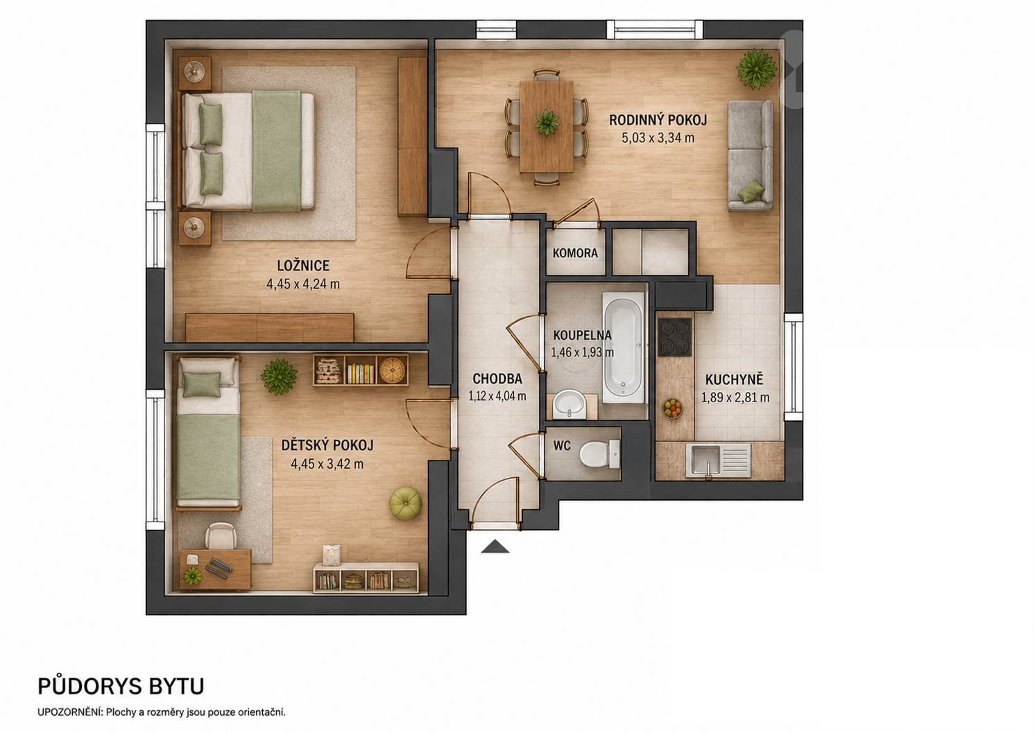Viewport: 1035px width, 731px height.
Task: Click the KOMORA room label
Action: (x=575, y=252)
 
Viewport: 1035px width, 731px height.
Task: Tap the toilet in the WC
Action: (x=599, y=454)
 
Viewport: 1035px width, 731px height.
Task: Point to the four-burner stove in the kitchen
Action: (x=674, y=337)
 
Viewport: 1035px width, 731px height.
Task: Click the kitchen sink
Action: (x=718, y=461)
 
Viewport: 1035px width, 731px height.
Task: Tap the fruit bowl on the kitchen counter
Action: (x=673, y=409)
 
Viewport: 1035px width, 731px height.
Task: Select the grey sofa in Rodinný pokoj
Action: (x=750, y=156)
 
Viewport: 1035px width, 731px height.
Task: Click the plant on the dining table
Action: (x=547, y=123)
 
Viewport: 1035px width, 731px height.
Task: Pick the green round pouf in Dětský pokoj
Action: (x=406, y=504)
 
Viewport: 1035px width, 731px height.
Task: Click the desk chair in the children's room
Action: (x=221, y=537)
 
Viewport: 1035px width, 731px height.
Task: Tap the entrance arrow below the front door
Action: (x=495, y=547)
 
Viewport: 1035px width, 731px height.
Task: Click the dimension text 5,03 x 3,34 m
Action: (x=658, y=138)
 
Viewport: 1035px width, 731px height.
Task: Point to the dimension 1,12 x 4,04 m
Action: (x=497, y=396)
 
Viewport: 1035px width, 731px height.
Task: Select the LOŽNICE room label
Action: (x=303, y=265)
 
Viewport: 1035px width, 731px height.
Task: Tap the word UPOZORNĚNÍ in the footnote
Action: (x=70, y=712)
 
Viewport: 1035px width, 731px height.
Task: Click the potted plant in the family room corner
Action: (x=756, y=69)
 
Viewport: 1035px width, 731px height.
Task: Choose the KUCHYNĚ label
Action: (x=734, y=379)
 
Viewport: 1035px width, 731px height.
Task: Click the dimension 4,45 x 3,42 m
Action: (x=327, y=463)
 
